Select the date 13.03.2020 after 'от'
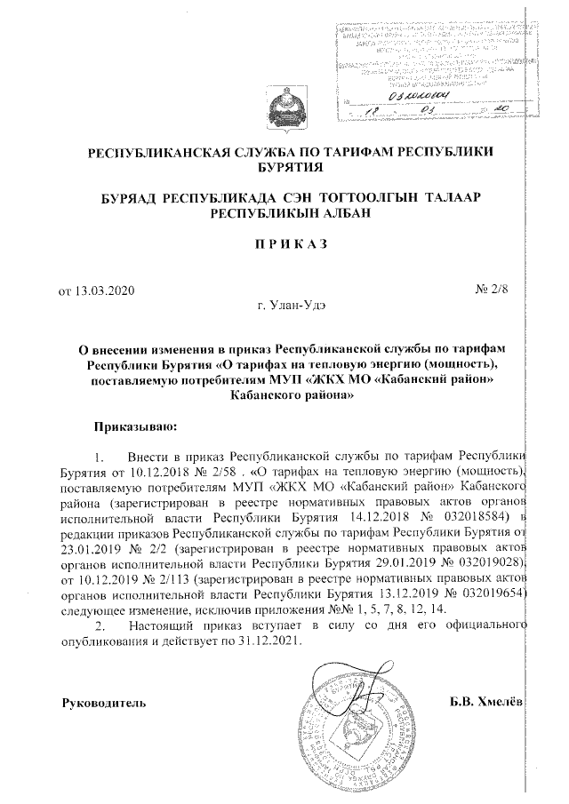[104, 290]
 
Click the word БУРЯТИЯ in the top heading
[284, 167]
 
